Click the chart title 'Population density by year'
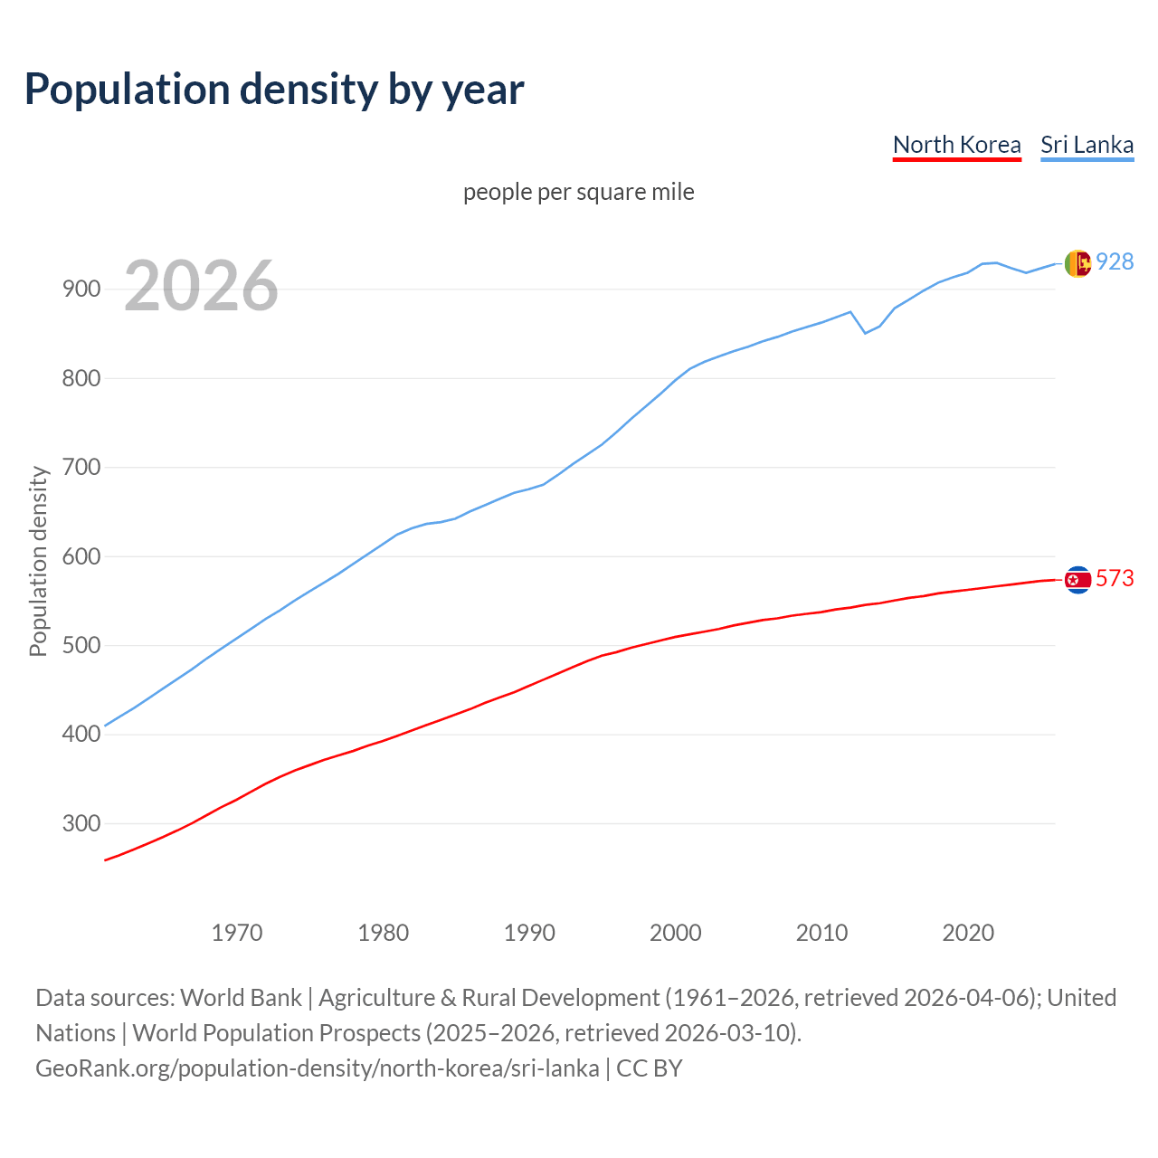coord(274,89)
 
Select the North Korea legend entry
coord(956,145)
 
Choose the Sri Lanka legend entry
coord(1087,145)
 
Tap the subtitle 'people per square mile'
coord(578,192)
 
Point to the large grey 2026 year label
coord(201,286)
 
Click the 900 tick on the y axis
coord(81,289)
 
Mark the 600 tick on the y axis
coord(81,556)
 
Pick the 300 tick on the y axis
coord(81,823)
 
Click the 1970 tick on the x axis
coord(237,933)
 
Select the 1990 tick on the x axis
coord(529,933)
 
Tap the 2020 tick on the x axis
coord(968,933)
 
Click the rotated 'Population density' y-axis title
coord(38,561)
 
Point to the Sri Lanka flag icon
coord(1077,263)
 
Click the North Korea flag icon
coord(1077,580)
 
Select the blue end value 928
coord(1115,261)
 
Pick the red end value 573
coord(1115,578)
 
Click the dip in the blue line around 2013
coord(865,333)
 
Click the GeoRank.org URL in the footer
coord(317,1068)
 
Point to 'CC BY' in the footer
coord(650,1068)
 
